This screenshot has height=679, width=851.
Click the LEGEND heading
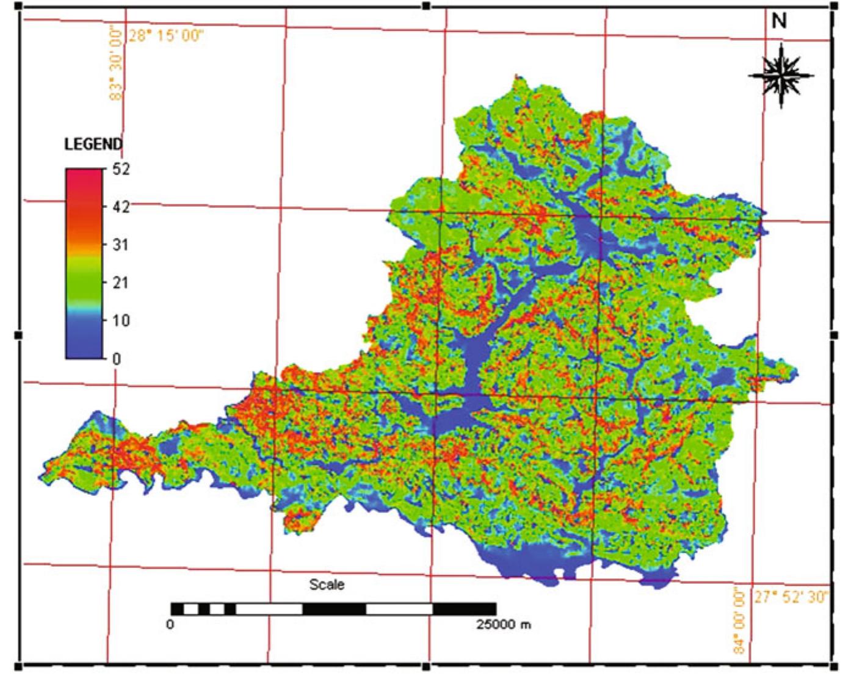pos(93,145)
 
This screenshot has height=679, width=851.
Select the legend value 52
pos(121,169)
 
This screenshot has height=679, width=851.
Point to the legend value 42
pos(121,207)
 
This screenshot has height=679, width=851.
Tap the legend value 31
pos(120,245)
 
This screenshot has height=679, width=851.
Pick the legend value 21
pos(120,282)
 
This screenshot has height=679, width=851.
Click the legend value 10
pos(120,320)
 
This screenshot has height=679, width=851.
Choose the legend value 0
pos(117,359)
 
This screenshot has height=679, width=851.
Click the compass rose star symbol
pos(781,76)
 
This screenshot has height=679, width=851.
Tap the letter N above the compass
pos(779,21)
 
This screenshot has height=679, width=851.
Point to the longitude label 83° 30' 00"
pos(115,65)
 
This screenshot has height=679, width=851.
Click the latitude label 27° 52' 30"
pos(791,597)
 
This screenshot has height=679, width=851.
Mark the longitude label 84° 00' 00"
pos(739,620)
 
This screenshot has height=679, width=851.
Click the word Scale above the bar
pos(327,584)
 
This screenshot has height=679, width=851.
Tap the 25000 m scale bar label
pos(504,624)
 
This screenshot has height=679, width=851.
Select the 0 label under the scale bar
pos(170,624)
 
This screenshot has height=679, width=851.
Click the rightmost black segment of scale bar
pos(464,609)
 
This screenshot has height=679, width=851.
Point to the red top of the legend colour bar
pos(84,177)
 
